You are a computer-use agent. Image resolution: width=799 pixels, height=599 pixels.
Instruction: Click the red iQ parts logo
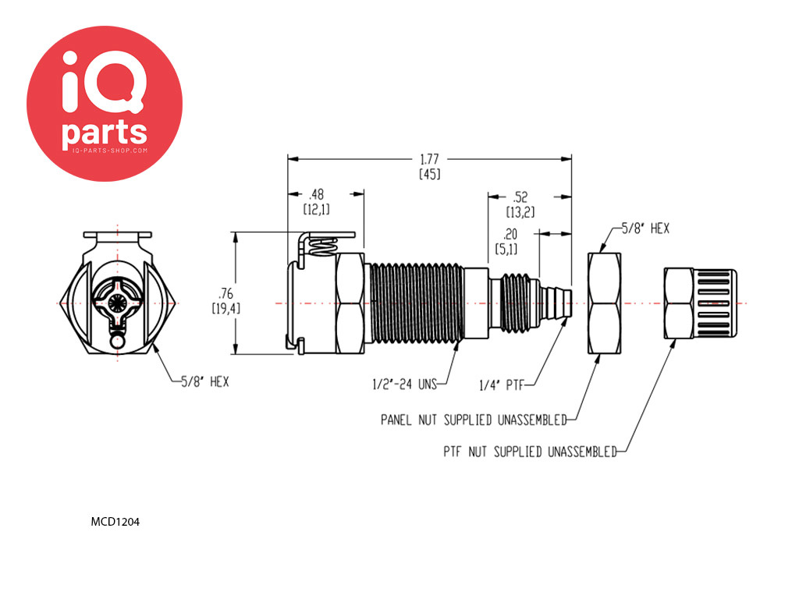point(105,104)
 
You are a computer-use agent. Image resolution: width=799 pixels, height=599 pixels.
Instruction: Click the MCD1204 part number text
point(115,522)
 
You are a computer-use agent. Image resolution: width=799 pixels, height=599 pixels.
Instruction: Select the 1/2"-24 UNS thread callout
point(405,384)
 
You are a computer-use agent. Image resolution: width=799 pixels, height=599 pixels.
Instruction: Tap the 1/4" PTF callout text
point(502,385)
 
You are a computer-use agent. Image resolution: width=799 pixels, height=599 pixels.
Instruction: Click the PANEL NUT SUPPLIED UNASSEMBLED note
point(474,420)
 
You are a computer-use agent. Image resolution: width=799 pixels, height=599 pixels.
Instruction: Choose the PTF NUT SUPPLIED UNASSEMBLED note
point(531,452)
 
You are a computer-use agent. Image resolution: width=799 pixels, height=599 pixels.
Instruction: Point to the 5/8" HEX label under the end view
point(205,381)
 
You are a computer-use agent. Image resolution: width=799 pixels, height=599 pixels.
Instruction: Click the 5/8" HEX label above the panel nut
point(645,229)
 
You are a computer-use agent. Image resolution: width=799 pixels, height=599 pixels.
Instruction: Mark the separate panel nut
point(605,303)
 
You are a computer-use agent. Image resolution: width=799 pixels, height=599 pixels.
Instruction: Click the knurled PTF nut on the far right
point(700,303)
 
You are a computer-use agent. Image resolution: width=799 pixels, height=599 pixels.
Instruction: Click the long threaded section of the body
point(417,303)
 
